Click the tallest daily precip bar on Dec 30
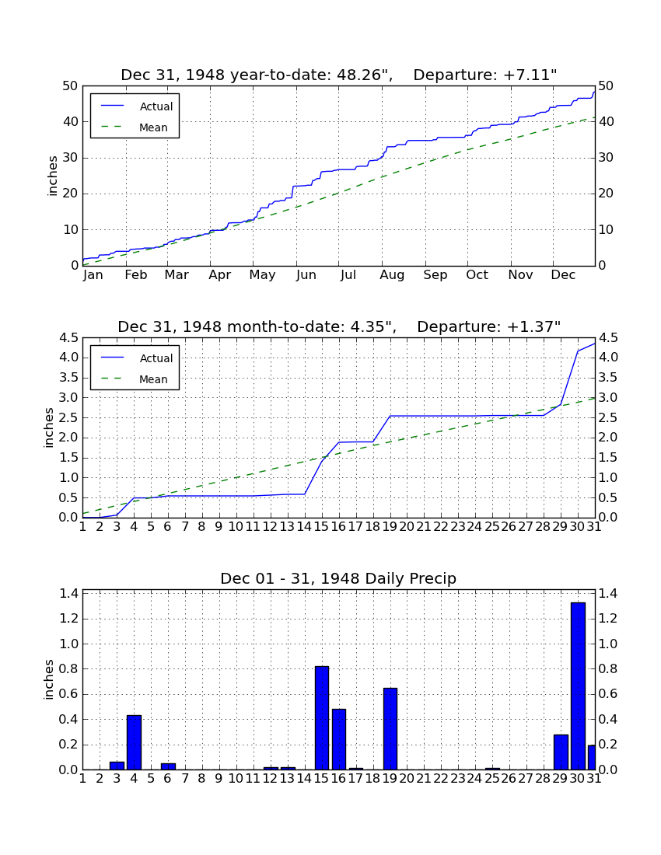(578, 686)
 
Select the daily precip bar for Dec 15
(322, 718)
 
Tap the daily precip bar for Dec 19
(390, 729)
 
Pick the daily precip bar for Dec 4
(135, 742)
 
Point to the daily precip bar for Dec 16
(339, 739)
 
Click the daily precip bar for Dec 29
(561, 752)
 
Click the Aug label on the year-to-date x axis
(392, 275)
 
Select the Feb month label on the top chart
(136, 275)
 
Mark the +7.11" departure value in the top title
(530, 75)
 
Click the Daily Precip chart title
(338, 578)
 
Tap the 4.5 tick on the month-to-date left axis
(69, 338)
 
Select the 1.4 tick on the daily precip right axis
(608, 593)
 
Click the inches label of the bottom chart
(49, 679)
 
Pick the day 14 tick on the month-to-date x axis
(304, 527)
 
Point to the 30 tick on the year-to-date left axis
(71, 158)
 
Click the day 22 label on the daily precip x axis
(441, 779)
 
